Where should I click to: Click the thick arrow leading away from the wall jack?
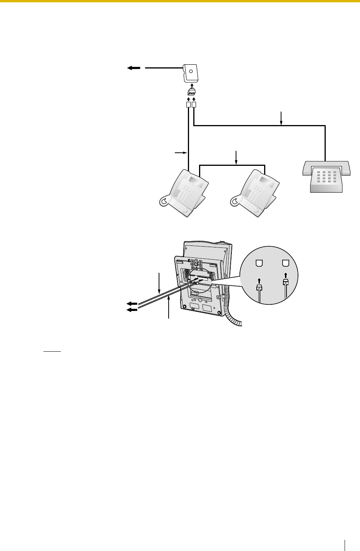pyautogui.click(x=134, y=68)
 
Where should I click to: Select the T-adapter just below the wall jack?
pyautogui.click(x=191, y=93)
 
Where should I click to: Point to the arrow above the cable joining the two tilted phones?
pyautogui.click(x=236, y=157)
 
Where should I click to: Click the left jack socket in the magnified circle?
pyautogui.click(x=260, y=264)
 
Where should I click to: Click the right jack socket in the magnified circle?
pyautogui.click(x=285, y=264)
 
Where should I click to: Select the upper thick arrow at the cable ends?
pyautogui.click(x=132, y=303)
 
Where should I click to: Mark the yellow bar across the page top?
pyautogui.click(x=180, y=1)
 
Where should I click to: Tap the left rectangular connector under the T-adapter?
pyautogui.click(x=188, y=105)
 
